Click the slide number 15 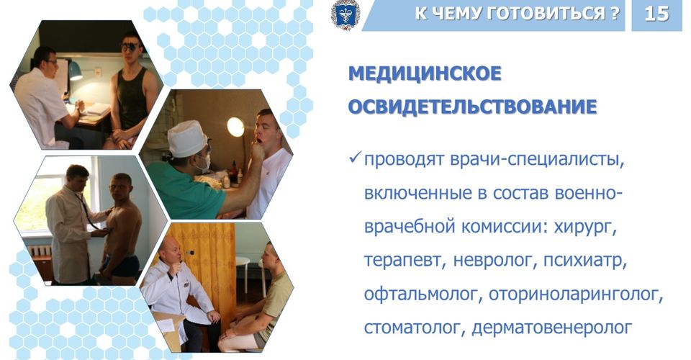pyautogui.click(x=656, y=14)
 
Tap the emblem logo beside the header pyautogui.click(x=345, y=15)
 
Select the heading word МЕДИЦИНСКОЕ pyautogui.click(x=425, y=73)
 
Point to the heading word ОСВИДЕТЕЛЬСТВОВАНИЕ pyautogui.click(x=472, y=107)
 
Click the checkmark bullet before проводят pyautogui.click(x=355, y=157)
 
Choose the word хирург pyautogui.click(x=584, y=228)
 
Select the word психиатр pyautogui.click(x=585, y=261)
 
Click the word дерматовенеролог pyautogui.click(x=552, y=328)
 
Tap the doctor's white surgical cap pyautogui.click(x=187, y=138)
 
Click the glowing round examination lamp pyautogui.click(x=236, y=127)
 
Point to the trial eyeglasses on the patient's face pyautogui.click(x=130, y=46)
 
